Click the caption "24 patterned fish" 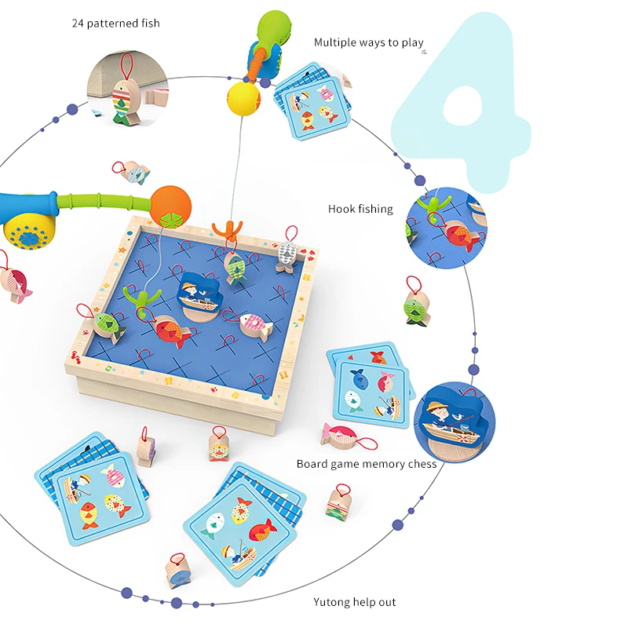click(x=115, y=24)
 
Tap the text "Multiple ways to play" click(x=368, y=42)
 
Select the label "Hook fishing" click(x=360, y=209)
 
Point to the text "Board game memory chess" click(x=366, y=464)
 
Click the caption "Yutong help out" click(x=355, y=602)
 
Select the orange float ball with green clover click(x=170, y=206)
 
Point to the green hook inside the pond click(x=141, y=300)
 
